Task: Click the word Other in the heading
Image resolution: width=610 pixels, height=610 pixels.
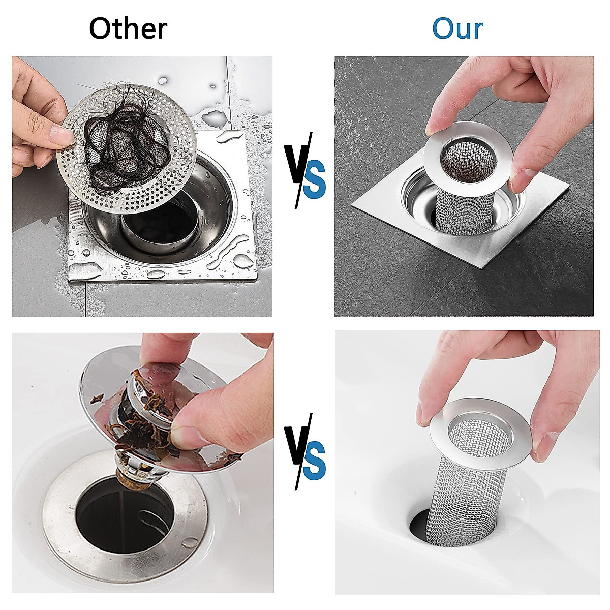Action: coord(128,29)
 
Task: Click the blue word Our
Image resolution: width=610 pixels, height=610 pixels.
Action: coord(457,29)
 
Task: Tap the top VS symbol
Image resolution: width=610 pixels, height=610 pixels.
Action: coord(304,170)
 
